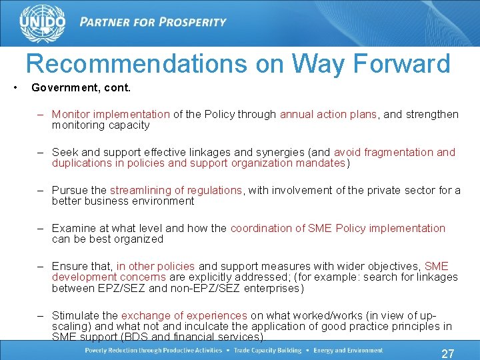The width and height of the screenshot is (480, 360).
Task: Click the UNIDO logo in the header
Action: pyautogui.click(x=43, y=22)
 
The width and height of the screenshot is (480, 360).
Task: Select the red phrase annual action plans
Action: pyautogui.click(x=328, y=114)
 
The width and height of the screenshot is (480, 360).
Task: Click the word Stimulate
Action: pyautogui.click(x=75, y=315)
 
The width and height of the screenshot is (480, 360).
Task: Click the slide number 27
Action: pyautogui.click(x=449, y=353)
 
